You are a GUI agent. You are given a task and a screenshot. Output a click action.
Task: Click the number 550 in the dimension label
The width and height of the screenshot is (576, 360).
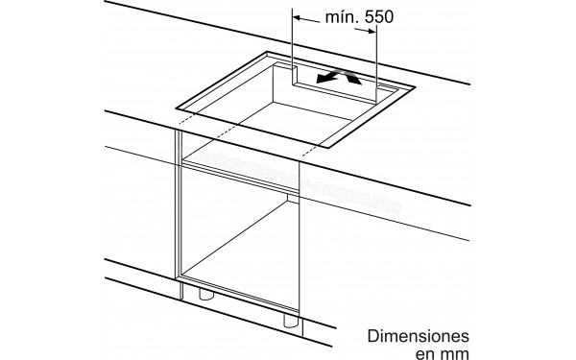pos(375,17)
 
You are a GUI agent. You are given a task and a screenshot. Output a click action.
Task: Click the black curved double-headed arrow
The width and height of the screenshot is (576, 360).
pos(342,78)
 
